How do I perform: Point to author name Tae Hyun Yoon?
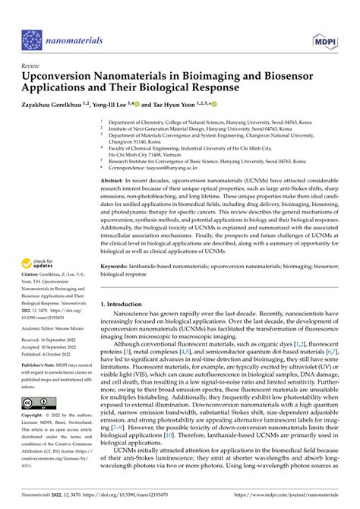(170, 104)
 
